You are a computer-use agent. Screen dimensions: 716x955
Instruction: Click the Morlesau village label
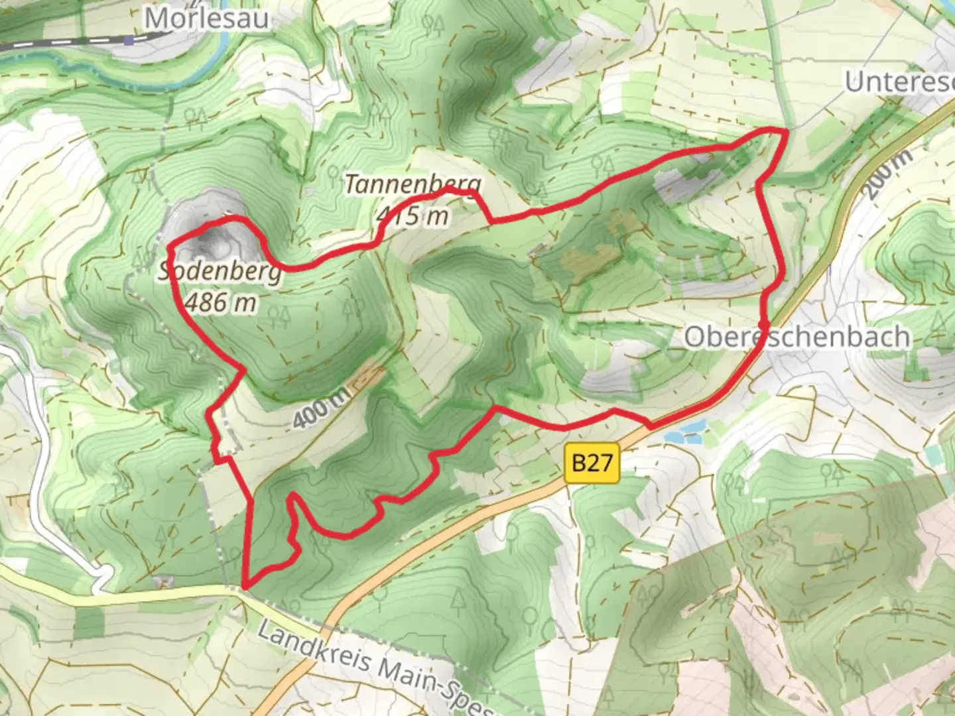(x=207, y=18)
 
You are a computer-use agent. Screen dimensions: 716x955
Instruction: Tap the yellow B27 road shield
(x=592, y=462)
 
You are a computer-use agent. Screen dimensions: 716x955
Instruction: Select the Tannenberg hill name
(x=413, y=185)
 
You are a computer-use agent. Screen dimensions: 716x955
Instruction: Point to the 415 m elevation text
(x=413, y=215)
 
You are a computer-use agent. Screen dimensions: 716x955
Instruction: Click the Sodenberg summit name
(x=220, y=272)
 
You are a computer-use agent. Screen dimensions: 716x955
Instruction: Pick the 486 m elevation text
(x=221, y=302)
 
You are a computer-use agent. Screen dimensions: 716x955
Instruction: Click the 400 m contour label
(x=319, y=407)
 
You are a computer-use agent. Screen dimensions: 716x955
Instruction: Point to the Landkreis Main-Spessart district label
(x=378, y=666)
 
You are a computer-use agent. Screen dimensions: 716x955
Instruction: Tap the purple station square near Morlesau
(x=131, y=39)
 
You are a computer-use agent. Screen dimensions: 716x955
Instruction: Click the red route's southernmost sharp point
(x=245, y=587)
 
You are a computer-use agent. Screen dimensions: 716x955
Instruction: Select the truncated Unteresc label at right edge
(x=899, y=82)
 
